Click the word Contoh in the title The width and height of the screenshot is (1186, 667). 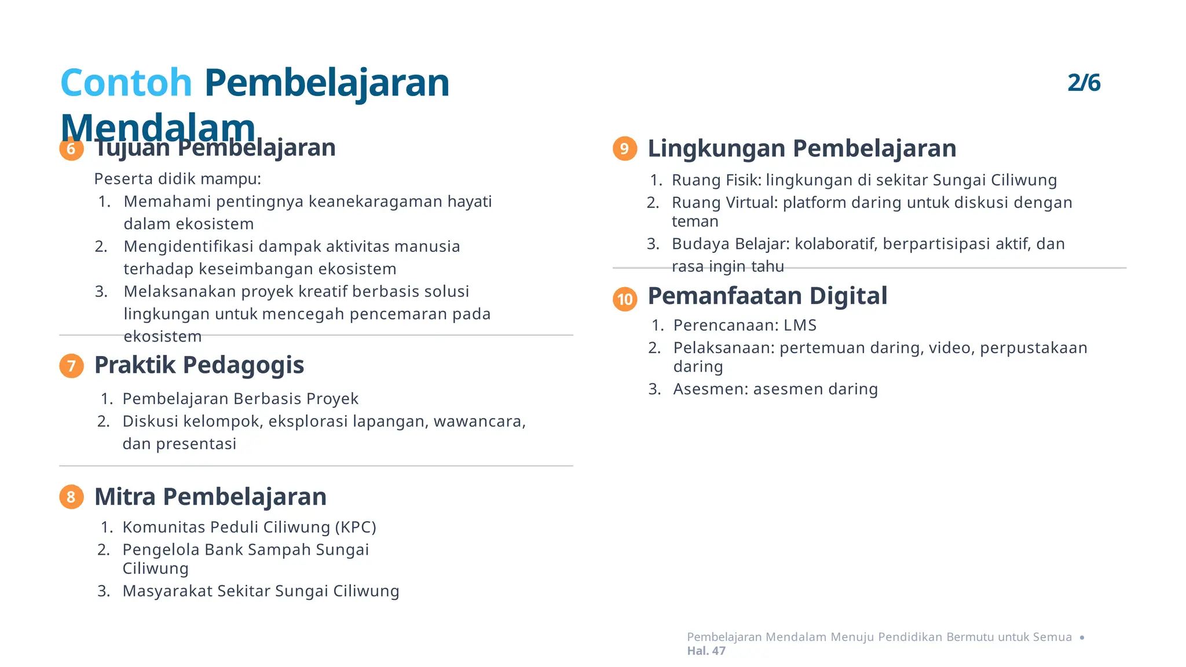point(126,83)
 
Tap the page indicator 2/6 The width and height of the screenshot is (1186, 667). point(1083,83)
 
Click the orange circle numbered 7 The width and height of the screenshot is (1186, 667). point(71,366)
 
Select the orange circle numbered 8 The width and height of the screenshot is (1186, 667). point(71,497)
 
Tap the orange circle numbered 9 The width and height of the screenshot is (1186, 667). point(625,149)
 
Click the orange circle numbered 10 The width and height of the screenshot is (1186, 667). point(625,299)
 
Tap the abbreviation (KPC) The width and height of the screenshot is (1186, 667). point(356,527)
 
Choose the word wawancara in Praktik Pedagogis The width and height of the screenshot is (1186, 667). point(479,422)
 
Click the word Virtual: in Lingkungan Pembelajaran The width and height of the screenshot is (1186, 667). point(751,203)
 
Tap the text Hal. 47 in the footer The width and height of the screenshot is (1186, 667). point(706,651)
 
